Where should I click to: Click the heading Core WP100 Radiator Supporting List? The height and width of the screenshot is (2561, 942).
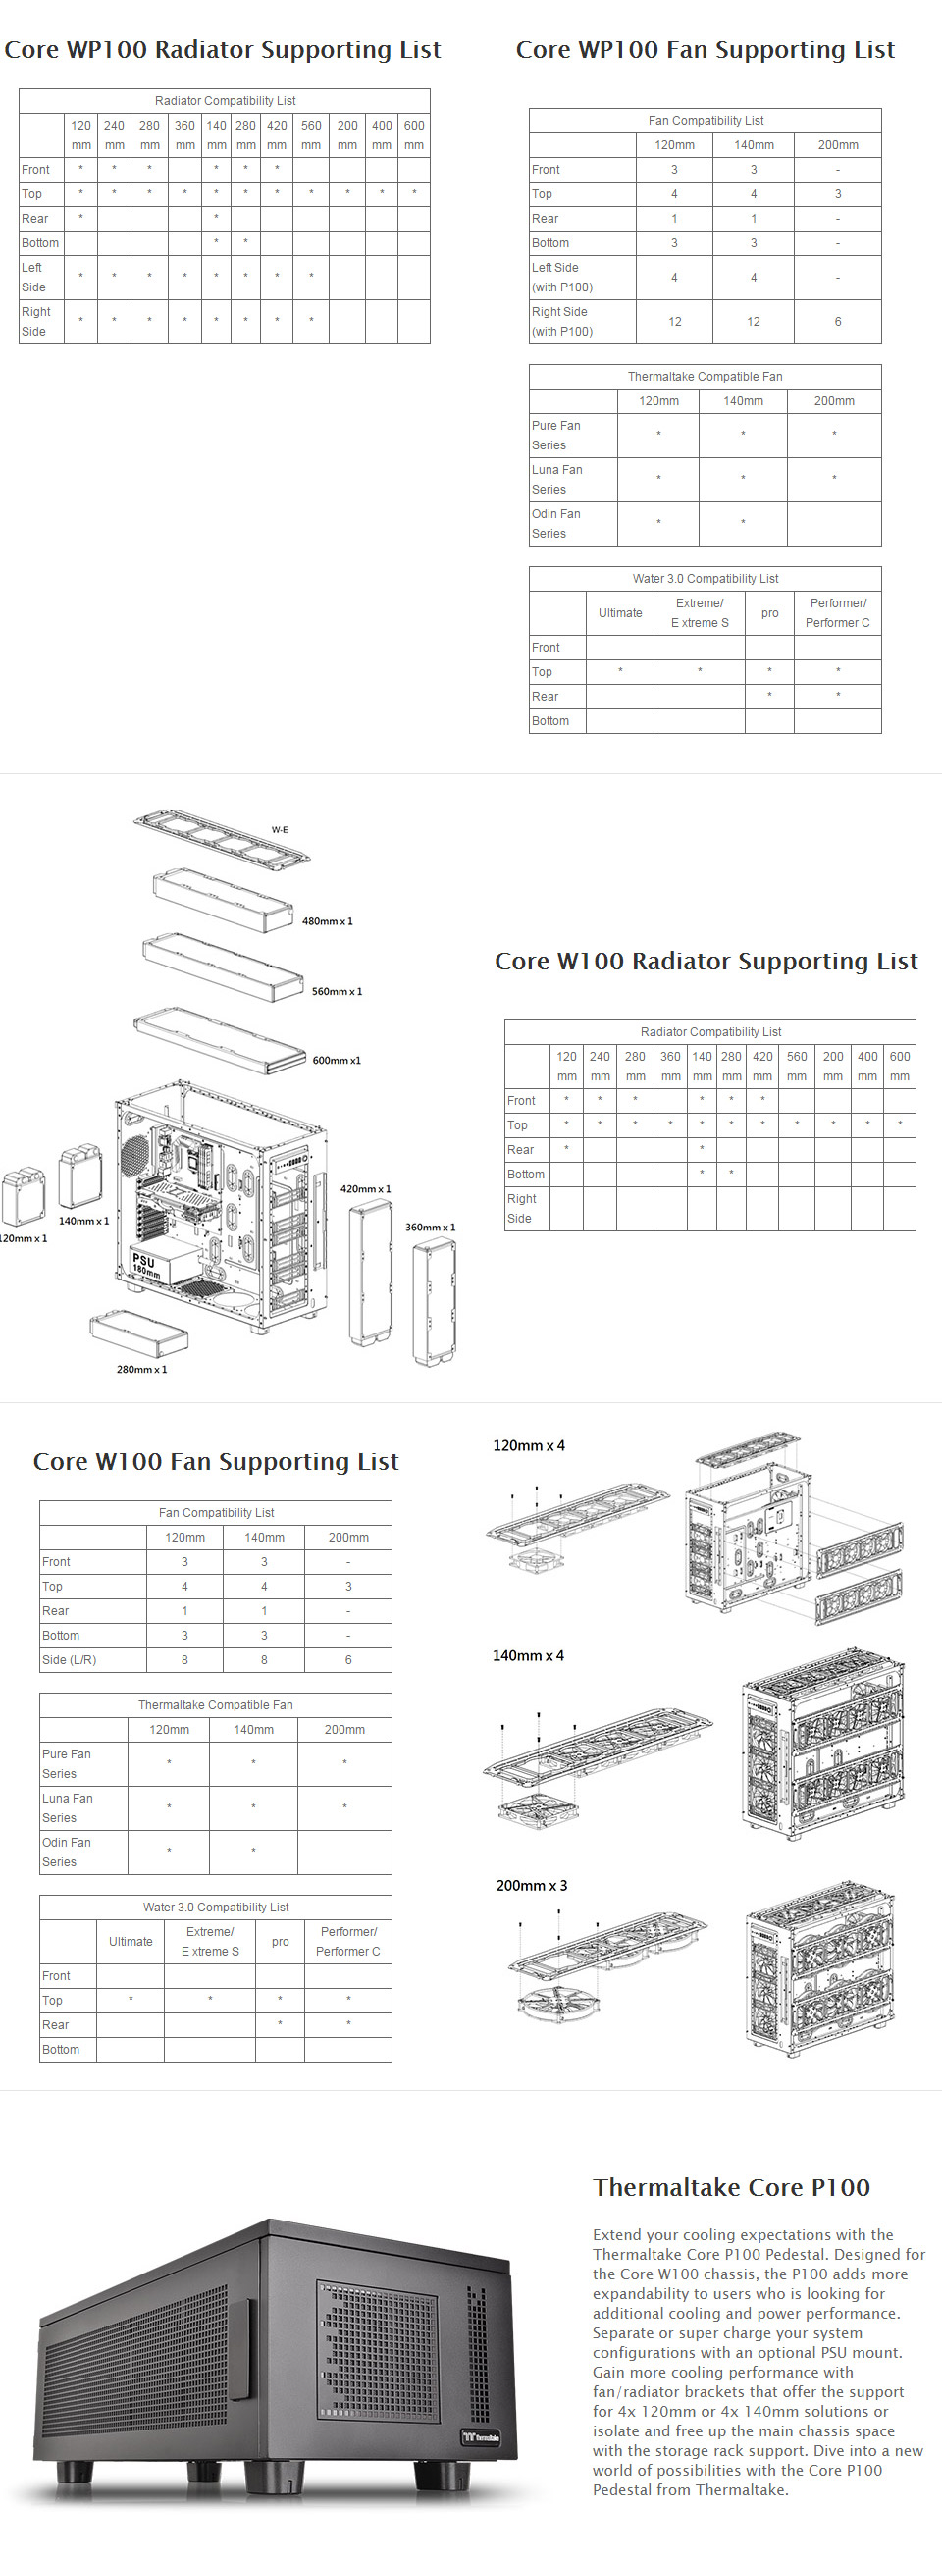coord(223,50)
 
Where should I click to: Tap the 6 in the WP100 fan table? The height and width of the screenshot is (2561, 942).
coord(838,321)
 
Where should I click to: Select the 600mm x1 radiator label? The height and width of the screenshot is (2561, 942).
coord(337,1060)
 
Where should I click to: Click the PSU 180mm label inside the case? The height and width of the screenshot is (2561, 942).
coord(145,1266)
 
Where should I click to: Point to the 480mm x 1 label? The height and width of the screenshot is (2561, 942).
coord(328,921)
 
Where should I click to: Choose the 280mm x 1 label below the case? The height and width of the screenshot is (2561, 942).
coord(141,1369)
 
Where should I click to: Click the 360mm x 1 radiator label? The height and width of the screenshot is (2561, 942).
coord(430,1227)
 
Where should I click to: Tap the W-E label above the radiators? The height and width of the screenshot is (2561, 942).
coord(280,829)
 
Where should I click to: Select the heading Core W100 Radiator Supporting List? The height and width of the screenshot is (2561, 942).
coord(706,962)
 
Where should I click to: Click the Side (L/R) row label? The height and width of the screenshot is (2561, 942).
coord(70,1659)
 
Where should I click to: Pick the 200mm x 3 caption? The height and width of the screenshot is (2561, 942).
coord(531,1885)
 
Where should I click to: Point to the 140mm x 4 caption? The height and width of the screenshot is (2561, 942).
coord(528,1655)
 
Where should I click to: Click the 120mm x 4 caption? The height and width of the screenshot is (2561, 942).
coord(529,1445)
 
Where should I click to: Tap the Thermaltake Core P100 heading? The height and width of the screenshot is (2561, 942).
coord(731,2187)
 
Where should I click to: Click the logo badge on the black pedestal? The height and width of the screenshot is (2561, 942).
coord(481,2436)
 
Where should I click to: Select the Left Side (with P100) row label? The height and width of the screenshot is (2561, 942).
coord(562,278)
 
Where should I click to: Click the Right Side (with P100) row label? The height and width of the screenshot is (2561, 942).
coord(562,321)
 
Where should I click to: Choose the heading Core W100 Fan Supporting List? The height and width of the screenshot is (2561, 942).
coord(216,1461)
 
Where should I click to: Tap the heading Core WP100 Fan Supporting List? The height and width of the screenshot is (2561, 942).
coord(706,50)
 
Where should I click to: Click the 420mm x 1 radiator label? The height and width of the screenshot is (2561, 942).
coord(365,1189)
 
